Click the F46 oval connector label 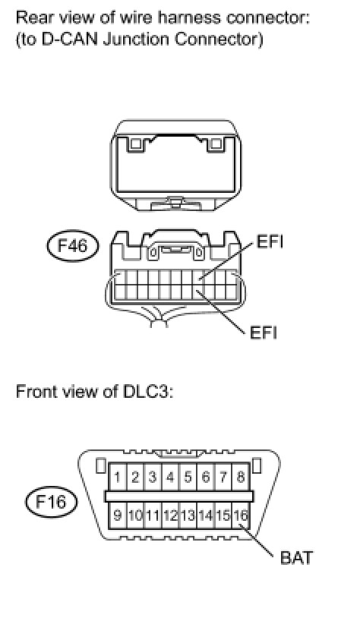click(x=73, y=246)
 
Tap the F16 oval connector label click(x=51, y=502)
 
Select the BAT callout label click(x=296, y=558)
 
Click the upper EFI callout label click(x=270, y=241)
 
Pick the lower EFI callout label click(x=264, y=333)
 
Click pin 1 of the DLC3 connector click(x=117, y=478)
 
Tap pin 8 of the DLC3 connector click(x=241, y=478)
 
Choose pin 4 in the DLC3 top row click(x=170, y=478)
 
